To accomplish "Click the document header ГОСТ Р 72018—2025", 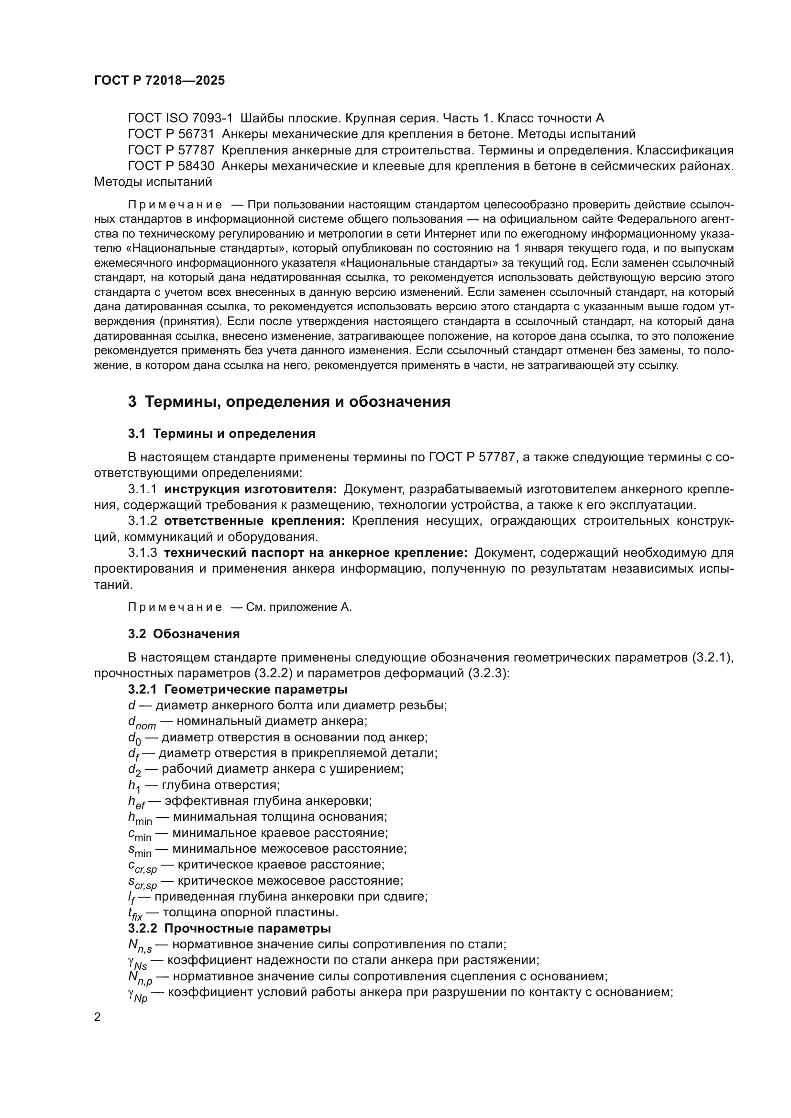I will pos(159,81).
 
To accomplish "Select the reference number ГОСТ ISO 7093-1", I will pos(180,119).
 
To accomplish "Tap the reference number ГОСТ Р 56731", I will pos(171,134).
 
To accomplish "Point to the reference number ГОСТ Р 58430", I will pos(171,166).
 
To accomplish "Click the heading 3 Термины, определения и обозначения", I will pos(289,402).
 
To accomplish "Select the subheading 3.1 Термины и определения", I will pos(221,434).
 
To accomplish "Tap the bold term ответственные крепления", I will pos(254,521).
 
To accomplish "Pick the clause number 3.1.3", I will pos(142,553).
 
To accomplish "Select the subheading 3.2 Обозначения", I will pos(184,634).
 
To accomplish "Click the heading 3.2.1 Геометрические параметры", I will pos(238,690).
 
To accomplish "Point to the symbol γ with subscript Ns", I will pos(137,962).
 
